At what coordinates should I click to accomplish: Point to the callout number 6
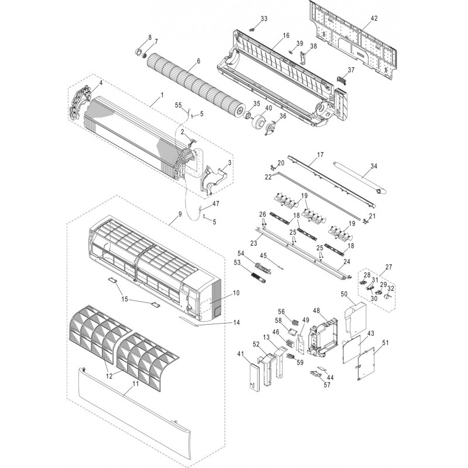198,61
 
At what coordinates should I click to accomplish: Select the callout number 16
286,36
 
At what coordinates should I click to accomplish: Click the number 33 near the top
264,19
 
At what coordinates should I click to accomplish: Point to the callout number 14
237,322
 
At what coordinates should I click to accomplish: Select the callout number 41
240,353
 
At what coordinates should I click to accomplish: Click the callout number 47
216,204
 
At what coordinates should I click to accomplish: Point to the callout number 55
178,104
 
